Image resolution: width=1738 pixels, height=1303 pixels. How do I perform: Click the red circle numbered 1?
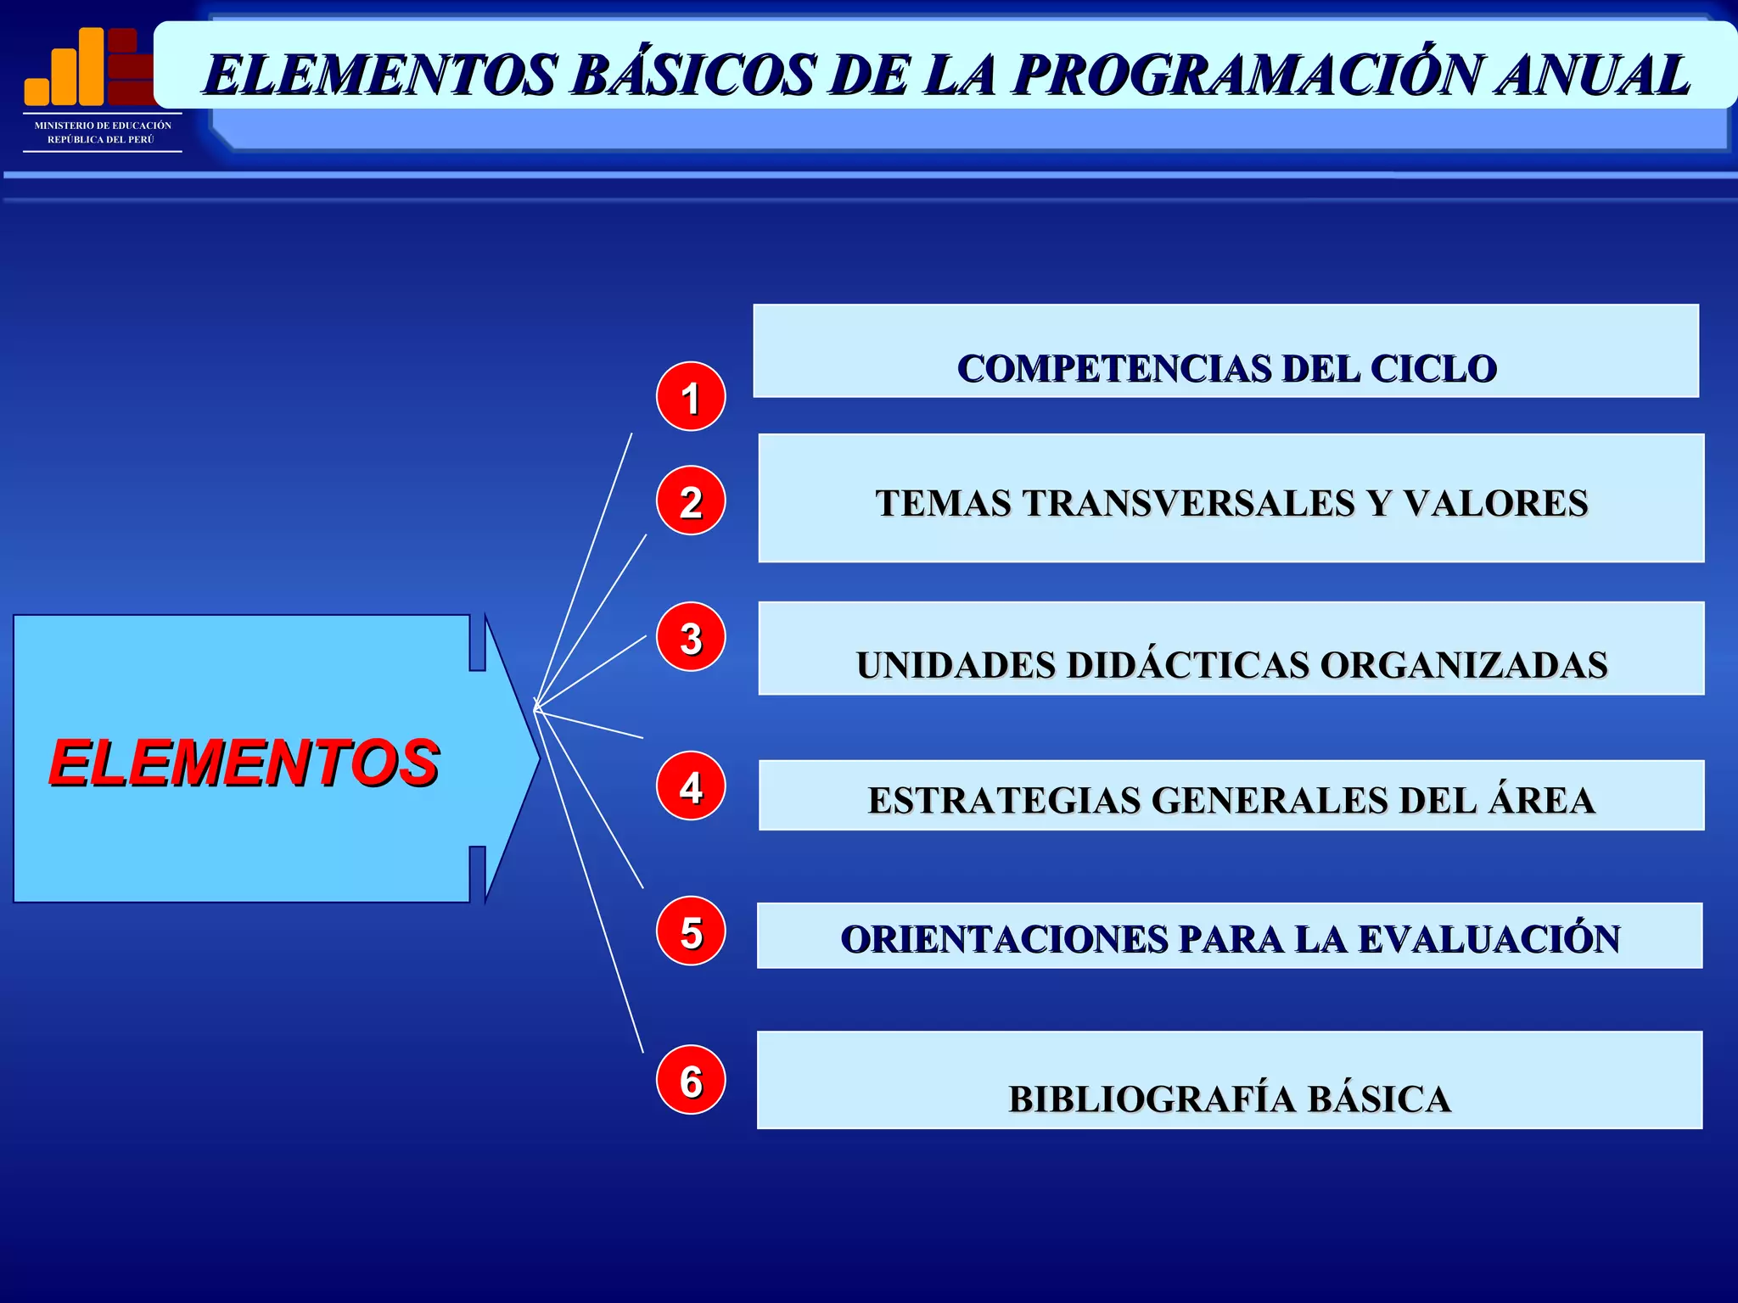pyautogui.click(x=691, y=397)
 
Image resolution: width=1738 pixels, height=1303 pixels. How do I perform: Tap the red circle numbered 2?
pyautogui.click(x=691, y=501)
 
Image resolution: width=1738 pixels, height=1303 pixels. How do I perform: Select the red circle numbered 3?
pyautogui.click(x=691, y=638)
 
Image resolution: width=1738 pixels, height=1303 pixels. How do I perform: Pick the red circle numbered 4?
pyautogui.click(x=691, y=786)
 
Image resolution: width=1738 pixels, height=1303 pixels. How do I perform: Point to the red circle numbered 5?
pyautogui.click(x=691, y=931)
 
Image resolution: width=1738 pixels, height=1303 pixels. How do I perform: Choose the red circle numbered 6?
pyautogui.click(x=691, y=1080)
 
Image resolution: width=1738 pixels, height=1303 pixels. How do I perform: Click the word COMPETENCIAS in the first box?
pyautogui.click(x=1113, y=369)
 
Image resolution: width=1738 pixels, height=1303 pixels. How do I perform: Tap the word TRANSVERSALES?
pyautogui.click(x=1188, y=503)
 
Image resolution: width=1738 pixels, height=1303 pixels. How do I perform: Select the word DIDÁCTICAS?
pyautogui.click(x=1188, y=665)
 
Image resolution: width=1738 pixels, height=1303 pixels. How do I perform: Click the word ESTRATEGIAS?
pyautogui.click(x=1004, y=801)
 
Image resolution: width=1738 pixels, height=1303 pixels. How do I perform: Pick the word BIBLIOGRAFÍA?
pyautogui.click(x=1152, y=1099)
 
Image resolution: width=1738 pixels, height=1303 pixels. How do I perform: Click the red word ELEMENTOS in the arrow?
pyautogui.click(x=244, y=763)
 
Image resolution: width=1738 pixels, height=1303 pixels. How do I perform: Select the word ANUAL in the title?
pyautogui.click(x=1593, y=75)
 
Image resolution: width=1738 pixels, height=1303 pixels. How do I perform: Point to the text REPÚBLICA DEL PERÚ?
pyautogui.click(x=101, y=140)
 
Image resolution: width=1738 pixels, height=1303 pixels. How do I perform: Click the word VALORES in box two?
pyautogui.click(x=1495, y=503)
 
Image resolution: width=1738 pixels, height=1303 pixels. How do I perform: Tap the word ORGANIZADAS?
pyautogui.click(x=1464, y=665)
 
